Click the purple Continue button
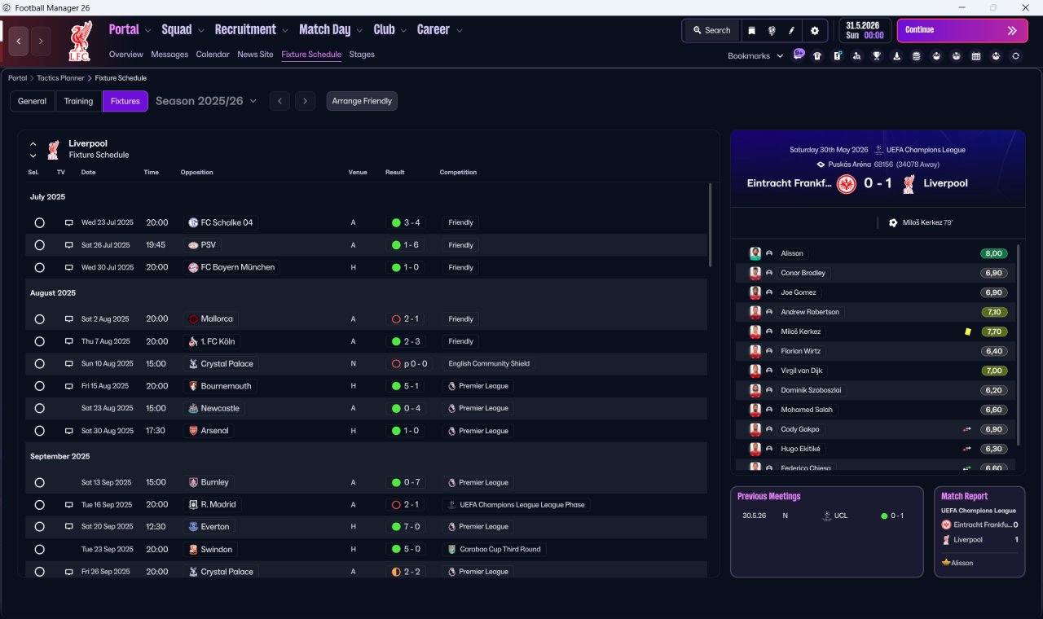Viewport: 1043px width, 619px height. coord(962,30)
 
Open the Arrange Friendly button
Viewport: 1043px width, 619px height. coord(362,101)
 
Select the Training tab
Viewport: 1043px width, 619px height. coord(78,101)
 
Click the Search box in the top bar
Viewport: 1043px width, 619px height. coord(712,30)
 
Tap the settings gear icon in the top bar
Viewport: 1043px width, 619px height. coord(814,31)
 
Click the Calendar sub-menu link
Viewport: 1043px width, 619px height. coord(213,55)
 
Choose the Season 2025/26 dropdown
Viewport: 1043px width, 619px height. coord(206,101)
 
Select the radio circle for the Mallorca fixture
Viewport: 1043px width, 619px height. coord(40,319)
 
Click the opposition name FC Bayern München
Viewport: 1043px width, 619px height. coord(237,268)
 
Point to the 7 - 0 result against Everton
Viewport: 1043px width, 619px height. coord(406,527)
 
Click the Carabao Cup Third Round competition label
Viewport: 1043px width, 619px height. coord(499,549)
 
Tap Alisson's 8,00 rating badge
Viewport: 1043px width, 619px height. coord(993,253)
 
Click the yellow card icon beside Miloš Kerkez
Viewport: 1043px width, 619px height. coord(968,331)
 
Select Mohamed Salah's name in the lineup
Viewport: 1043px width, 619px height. coord(807,410)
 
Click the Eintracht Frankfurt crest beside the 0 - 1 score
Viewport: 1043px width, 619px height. coord(846,184)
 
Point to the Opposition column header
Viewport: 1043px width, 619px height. coord(196,172)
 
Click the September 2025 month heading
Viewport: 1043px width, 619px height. coord(60,457)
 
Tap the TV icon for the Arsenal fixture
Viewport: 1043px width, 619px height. coord(69,431)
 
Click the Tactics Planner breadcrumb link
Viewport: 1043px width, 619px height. coord(60,78)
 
